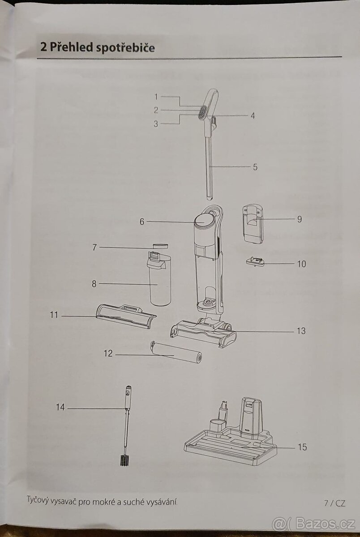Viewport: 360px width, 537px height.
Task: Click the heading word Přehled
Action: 72,47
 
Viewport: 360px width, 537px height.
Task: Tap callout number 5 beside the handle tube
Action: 255,167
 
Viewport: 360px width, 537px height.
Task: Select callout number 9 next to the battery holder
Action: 299,219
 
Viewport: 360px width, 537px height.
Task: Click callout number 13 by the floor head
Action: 301,331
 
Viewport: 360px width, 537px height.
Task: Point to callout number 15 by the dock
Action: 302,447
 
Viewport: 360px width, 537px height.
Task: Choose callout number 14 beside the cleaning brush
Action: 60,408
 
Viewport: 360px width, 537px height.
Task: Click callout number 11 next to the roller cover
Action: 54,315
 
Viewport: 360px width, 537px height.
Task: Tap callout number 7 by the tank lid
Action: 94,247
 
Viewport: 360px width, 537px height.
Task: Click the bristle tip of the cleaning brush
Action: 125,460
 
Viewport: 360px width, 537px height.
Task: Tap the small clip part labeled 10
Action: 255,261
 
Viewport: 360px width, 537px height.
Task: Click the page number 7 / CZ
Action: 335,503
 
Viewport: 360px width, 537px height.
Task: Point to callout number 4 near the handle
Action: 253,115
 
